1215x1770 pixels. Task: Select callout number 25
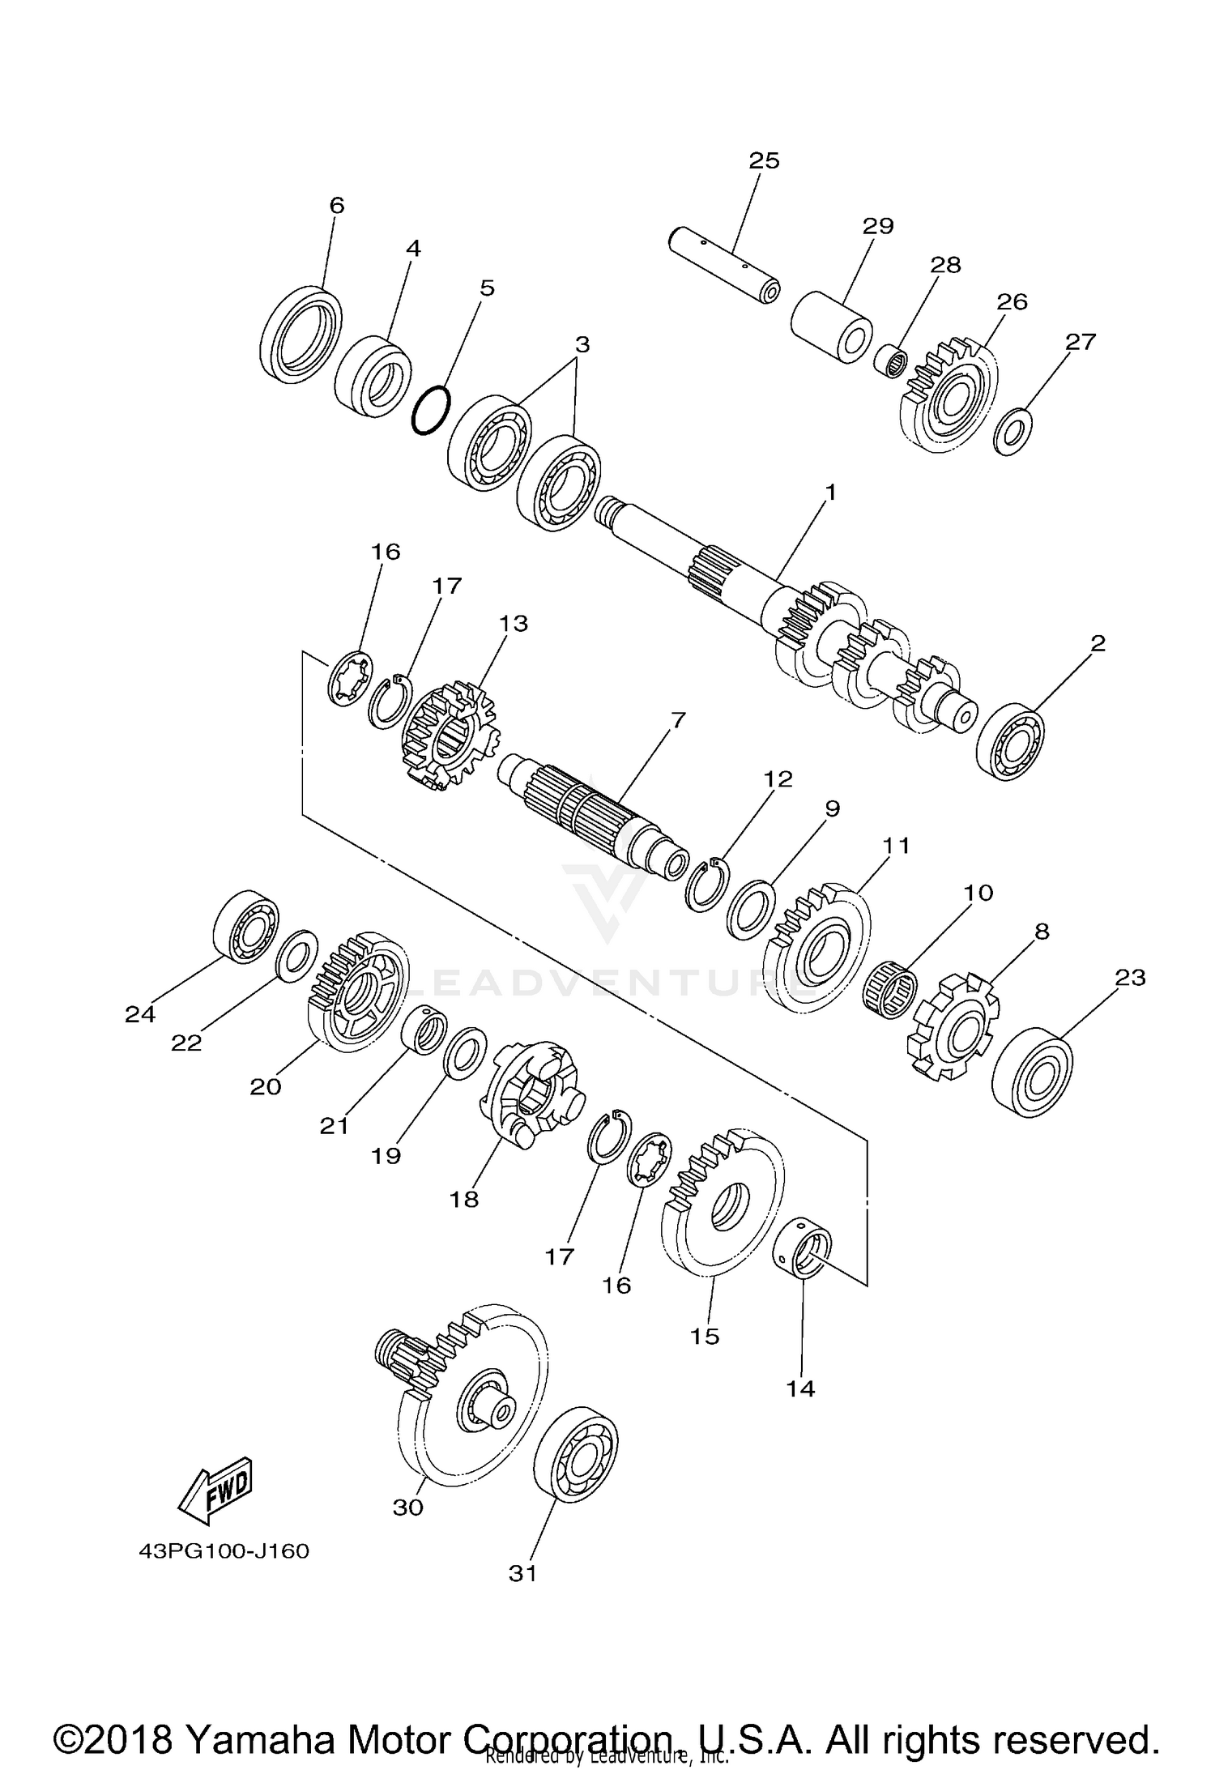pos(764,160)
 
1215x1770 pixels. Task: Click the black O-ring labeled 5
pos(430,410)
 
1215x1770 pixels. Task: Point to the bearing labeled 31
pos(577,1460)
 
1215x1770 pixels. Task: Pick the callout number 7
pos(677,719)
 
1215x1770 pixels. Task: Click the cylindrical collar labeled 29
pos(832,328)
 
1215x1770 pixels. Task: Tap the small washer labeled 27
pos(1013,432)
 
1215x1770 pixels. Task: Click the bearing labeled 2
pos(1010,743)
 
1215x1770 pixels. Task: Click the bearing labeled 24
pos(246,927)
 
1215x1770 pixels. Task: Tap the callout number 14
pos(800,1388)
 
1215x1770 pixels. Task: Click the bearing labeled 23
pos(1032,1073)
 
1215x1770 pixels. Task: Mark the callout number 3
pos(582,344)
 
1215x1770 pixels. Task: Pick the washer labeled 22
pos(296,955)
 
